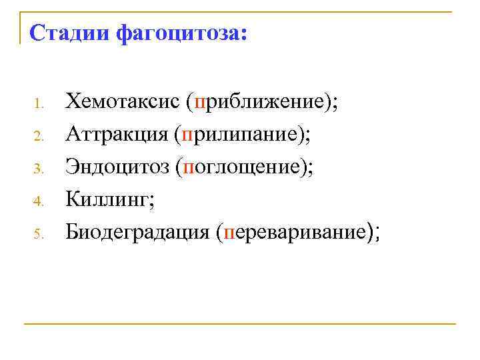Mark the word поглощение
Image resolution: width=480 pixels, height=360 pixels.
pyautogui.click(x=244, y=167)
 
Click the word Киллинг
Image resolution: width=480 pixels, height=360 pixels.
pyautogui.click(x=107, y=199)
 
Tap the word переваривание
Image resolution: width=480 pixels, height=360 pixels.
pyautogui.click(x=296, y=232)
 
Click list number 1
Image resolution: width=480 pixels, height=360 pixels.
pyautogui.click(x=39, y=104)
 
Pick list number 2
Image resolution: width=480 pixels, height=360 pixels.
pyautogui.click(x=39, y=137)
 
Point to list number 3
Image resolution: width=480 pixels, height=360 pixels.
pyautogui.click(x=39, y=169)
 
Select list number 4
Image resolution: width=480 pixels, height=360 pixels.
pyautogui.click(x=39, y=201)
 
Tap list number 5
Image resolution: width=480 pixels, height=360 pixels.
pyautogui.click(x=39, y=233)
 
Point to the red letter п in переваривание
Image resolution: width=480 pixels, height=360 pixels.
pyautogui.click(x=231, y=233)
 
